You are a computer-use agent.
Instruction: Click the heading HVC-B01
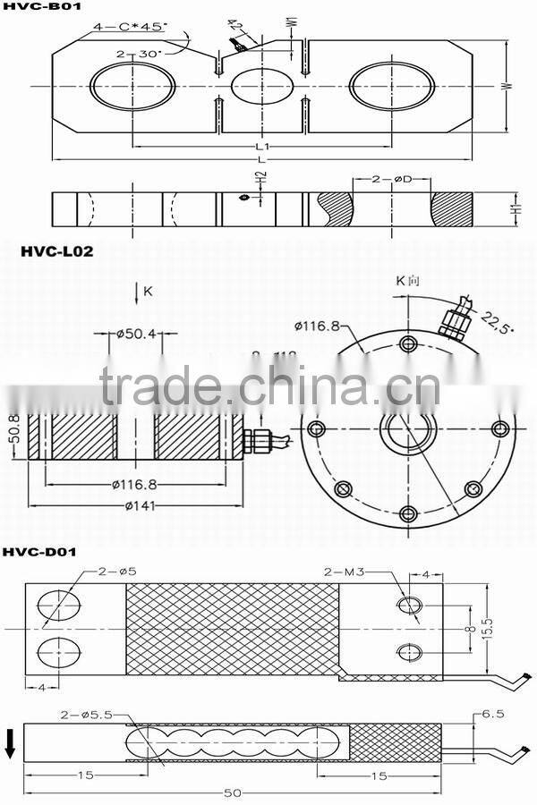36,9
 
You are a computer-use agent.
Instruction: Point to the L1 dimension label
261,146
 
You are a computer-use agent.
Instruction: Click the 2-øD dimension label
390,180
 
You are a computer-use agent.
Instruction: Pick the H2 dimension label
260,180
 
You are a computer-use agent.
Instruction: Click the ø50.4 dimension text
136,335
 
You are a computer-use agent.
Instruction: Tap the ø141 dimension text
137,504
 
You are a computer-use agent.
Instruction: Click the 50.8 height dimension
12,436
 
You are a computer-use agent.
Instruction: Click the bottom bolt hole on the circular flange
408,513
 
